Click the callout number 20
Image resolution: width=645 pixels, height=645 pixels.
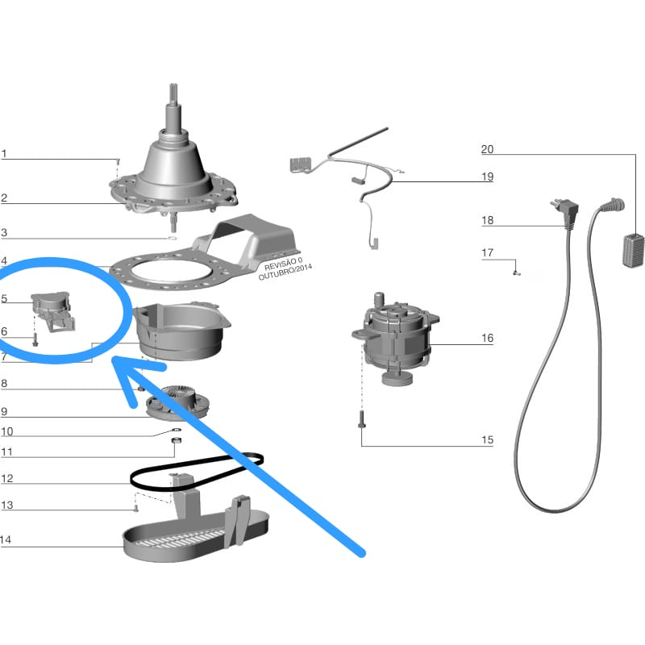[487, 149]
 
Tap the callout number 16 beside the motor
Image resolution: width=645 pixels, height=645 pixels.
[487, 338]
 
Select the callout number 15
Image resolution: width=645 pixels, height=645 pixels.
[487, 440]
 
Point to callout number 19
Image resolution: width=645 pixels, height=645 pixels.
[487, 177]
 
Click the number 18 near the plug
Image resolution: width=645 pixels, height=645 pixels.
[487, 220]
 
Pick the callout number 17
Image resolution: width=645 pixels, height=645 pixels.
[487, 253]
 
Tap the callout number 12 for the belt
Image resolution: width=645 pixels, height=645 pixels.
[7, 478]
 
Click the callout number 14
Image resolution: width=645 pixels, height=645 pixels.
[7, 539]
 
